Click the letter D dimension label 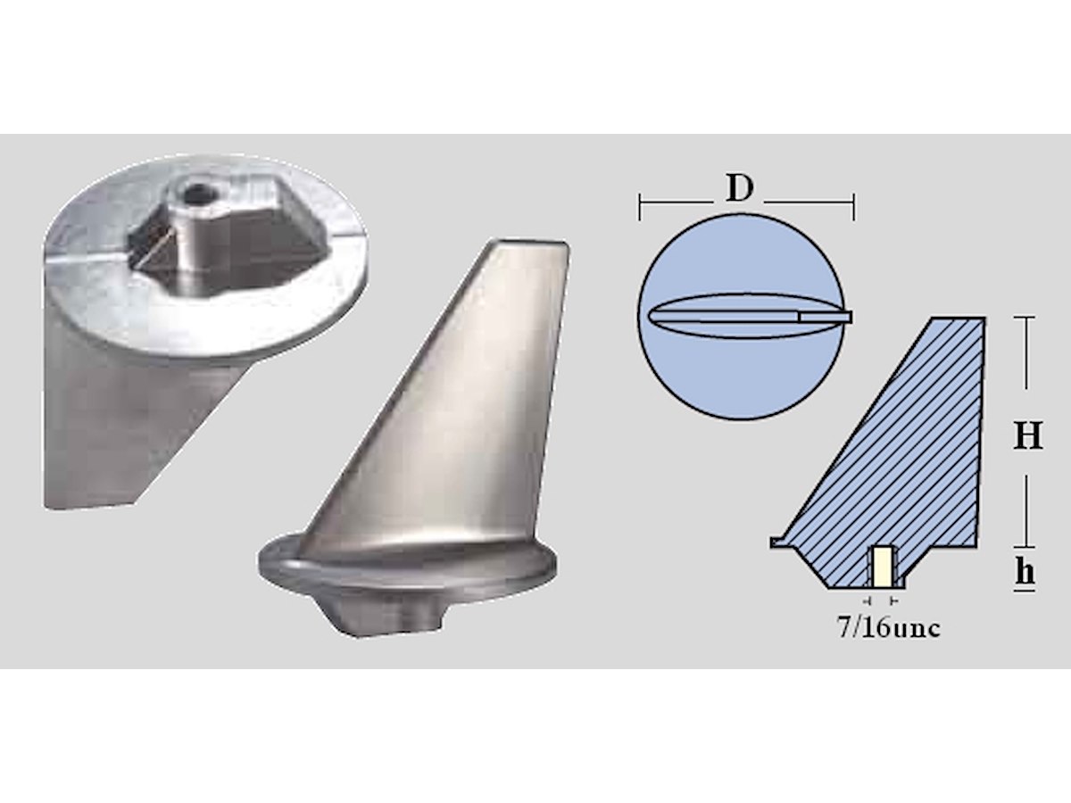(x=739, y=188)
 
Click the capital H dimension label (x=1027, y=435)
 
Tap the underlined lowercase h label (x=1025, y=574)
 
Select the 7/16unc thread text (x=889, y=628)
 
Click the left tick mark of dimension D (x=640, y=207)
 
